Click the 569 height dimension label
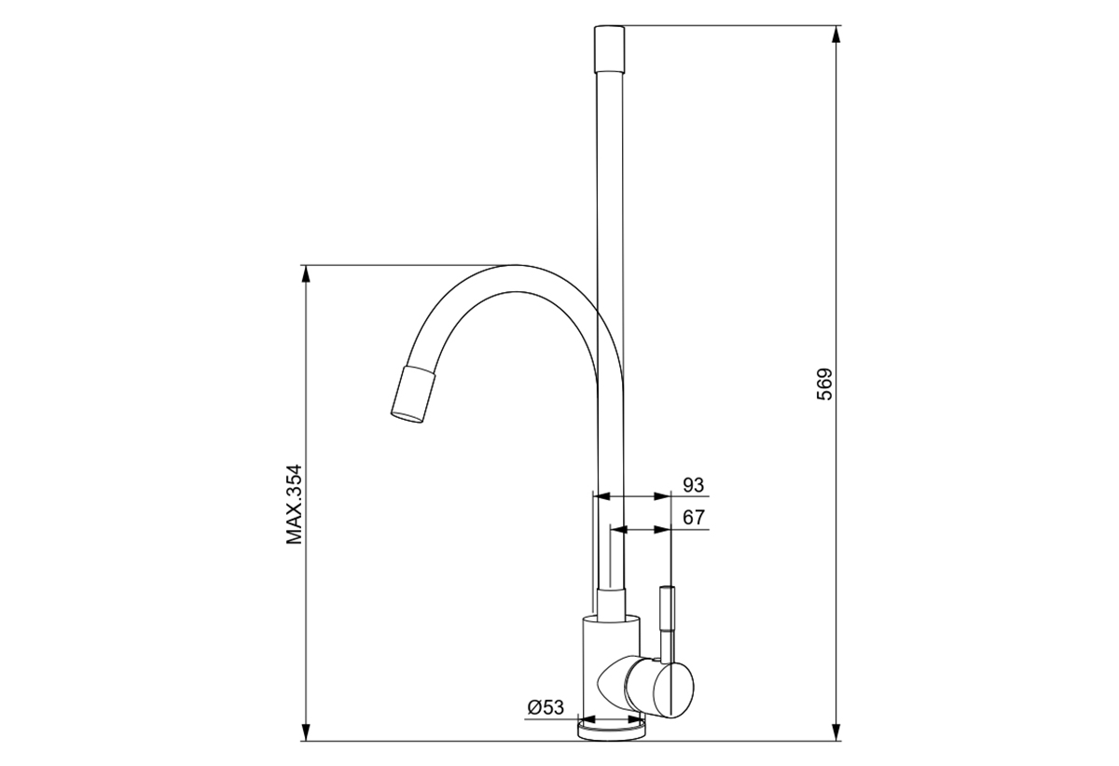pyautogui.click(x=824, y=384)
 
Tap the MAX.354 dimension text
pyautogui.click(x=295, y=505)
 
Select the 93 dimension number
pyautogui.click(x=693, y=485)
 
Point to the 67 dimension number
pyautogui.click(x=694, y=517)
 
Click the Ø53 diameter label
pyautogui.click(x=545, y=707)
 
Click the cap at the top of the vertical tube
pyautogui.click(x=609, y=49)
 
